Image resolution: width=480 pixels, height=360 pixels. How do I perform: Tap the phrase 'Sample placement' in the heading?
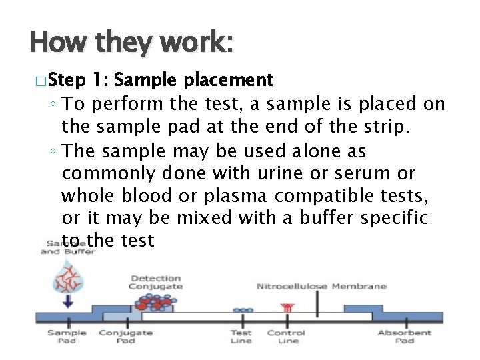point(193,81)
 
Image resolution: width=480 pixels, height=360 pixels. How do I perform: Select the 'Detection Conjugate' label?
point(155,283)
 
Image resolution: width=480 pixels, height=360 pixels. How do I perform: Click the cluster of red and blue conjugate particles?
point(153,303)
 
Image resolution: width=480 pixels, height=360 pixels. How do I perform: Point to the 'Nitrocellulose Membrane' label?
point(321,287)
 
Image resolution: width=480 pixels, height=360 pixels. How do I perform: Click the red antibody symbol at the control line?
point(288,307)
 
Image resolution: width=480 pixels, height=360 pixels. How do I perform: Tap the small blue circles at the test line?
point(241,310)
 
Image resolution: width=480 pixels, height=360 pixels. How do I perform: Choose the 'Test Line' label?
point(241,337)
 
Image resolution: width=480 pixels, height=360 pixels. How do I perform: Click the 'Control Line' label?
point(287,337)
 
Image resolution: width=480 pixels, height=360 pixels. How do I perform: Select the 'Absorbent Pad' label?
point(405,337)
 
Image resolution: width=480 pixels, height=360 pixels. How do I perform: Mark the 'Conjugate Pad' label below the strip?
point(125,337)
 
